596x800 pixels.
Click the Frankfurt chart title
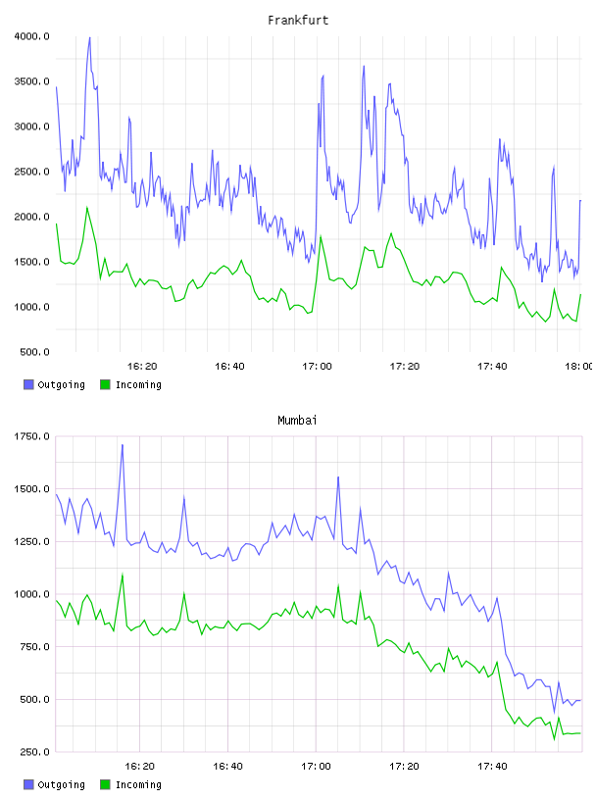coord(298,21)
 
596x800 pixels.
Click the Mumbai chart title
coord(297,421)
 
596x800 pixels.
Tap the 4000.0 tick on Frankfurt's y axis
coord(31,36)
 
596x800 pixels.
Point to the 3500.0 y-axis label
coord(31,81)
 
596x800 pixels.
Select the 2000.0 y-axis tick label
coord(31,217)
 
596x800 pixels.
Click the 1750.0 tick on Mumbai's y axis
coord(31,436)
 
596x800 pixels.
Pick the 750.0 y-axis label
coord(34,646)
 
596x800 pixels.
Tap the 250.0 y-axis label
coord(34,752)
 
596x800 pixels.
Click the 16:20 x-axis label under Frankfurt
coord(142,366)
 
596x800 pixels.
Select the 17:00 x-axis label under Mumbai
coord(316,766)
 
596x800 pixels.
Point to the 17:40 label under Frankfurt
coord(492,366)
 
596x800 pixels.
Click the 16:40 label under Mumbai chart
coord(227,766)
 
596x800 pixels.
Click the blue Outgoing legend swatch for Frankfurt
coord(28,384)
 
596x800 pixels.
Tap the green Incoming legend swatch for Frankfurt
coord(105,384)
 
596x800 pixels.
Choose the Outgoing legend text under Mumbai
coord(61,784)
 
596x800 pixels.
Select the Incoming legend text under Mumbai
coord(138,784)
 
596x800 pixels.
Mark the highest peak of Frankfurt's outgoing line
coord(90,37)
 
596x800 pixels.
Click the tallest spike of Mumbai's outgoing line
coord(123,445)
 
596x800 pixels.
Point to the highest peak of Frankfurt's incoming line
coord(86,207)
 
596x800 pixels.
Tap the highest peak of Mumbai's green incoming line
coord(123,575)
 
